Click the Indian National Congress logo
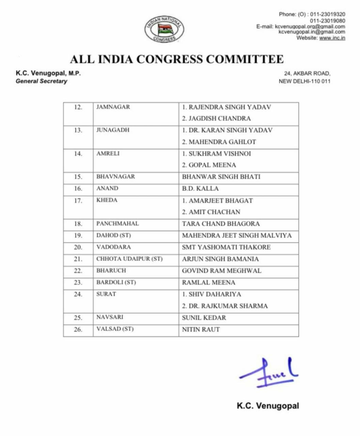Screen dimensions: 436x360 [x=165, y=29]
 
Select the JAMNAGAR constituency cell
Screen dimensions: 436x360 [x=113, y=107]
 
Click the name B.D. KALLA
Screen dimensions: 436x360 [x=200, y=188]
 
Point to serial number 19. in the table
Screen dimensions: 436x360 [x=78, y=235]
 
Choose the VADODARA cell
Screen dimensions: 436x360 [x=113, y=247]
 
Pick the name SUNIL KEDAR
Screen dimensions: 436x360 [x=204, y=318]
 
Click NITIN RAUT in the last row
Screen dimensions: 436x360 [x=201, y=329]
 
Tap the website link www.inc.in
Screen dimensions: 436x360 [x=332, y=38]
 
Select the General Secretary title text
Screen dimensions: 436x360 [x=41, y=81]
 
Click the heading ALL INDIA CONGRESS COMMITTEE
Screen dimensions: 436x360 [x=177, y=59]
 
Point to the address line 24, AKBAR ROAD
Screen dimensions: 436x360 [x=307, y=73]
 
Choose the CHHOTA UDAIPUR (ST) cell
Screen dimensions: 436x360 [x=129, y=259]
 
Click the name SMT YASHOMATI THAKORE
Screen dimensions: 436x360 [x=226, y=247]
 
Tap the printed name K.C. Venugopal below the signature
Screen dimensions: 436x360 [x=268, y=406]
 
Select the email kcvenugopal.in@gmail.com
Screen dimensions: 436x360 [x=312, y=32]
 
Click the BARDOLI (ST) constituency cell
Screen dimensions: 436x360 [x=116, y=282]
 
